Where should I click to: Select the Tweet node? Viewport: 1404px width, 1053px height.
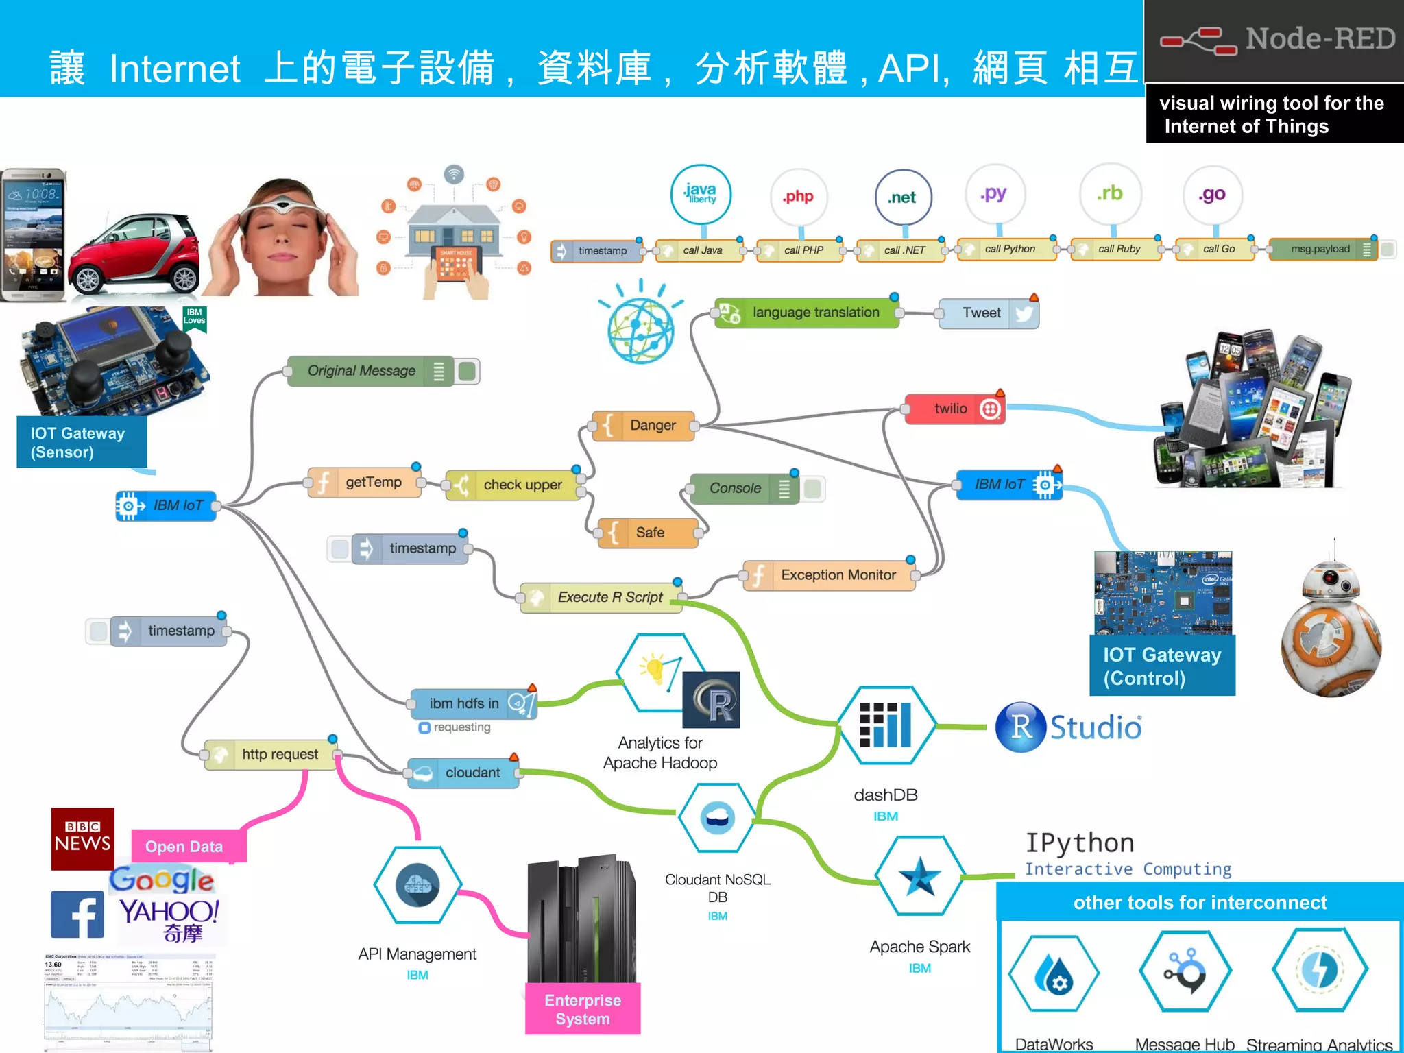[988, 313]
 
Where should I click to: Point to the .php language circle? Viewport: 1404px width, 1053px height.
[799, 197]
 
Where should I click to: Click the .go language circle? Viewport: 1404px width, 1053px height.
[1212, 195]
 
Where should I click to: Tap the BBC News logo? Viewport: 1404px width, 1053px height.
[82, 838]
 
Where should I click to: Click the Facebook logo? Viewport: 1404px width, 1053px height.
[77, 914]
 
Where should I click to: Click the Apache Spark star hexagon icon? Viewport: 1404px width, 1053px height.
[919, 876]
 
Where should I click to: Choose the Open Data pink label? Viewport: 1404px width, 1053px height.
[184, 847]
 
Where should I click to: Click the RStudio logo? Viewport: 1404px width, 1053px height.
[1069, 727]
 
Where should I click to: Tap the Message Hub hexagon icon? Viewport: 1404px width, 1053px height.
[1185, 971]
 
